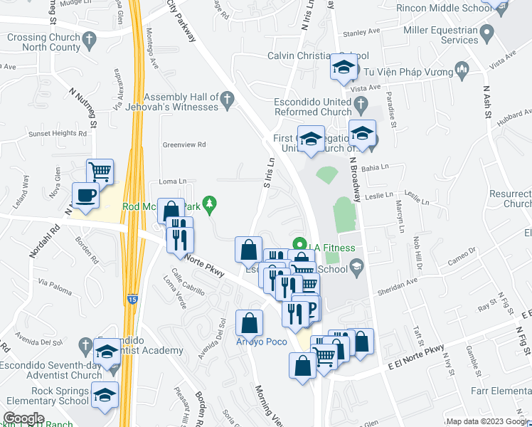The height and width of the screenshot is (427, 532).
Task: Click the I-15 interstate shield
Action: click(x=133, y=300)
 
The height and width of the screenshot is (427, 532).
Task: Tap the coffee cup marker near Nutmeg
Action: click(x=86, y=196)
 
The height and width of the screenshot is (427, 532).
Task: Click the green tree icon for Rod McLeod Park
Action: click(x=208, y=206)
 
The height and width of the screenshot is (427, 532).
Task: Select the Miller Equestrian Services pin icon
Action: click(x=487, y=32)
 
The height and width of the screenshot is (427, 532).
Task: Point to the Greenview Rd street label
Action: click(x=184, y=144)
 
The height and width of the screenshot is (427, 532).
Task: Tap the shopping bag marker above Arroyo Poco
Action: click(x=249, y=322)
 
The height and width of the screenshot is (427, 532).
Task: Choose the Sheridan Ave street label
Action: click(x=397, y=284)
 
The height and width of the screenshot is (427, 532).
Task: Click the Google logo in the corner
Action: click(x=24, y=418)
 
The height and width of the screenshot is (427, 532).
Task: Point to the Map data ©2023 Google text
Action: click(x=487, y=421)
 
